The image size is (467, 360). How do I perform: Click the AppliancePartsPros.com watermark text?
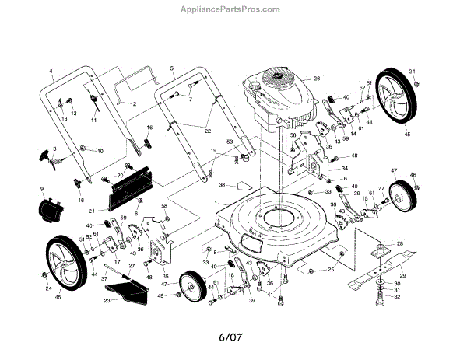tap(234, 9)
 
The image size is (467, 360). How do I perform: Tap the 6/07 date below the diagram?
tap(233, 338)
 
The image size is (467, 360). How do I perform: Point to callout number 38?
tap(222, 185)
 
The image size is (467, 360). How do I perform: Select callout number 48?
tap(354, 156)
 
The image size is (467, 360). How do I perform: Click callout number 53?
tap(230, 142)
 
